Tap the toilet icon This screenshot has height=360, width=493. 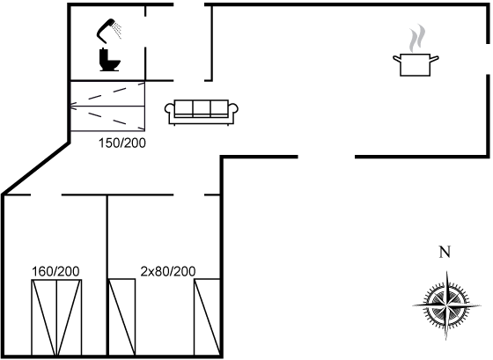109,60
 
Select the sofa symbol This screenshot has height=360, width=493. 202,113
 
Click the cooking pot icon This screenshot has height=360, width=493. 416,65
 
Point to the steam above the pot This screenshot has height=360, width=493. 417,39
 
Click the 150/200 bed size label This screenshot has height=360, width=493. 122,143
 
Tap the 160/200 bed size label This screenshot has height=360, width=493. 55,271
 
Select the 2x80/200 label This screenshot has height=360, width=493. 168,271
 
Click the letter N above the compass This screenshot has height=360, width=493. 445,252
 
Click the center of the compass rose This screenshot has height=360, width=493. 446,305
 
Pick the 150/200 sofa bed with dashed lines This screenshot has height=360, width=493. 107,106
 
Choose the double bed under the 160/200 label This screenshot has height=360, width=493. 56,317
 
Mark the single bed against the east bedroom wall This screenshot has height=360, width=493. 207,317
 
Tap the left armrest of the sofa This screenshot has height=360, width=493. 170,111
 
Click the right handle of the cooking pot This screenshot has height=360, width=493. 434,58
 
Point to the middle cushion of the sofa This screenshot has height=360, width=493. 202,108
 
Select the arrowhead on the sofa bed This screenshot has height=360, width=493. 72,106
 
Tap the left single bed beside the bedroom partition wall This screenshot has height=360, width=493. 122,317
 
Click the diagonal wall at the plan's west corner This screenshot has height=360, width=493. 36,168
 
